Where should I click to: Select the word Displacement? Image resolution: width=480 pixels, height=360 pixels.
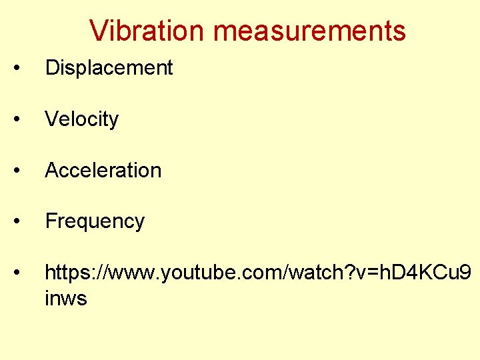109,68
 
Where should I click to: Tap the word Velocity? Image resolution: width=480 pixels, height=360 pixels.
81,119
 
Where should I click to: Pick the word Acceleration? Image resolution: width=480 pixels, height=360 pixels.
103,170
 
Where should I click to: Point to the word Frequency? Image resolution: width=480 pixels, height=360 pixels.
95,221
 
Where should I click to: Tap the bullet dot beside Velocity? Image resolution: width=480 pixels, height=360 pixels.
24,120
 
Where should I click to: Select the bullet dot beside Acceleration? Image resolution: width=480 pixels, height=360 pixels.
24,171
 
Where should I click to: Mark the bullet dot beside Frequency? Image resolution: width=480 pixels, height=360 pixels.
24,221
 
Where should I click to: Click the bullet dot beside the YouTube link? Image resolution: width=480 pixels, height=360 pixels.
24,273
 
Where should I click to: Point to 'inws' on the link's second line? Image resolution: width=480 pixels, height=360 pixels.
65,298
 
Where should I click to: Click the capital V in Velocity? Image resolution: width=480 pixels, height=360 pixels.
51,119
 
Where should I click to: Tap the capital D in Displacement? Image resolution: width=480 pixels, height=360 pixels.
51,68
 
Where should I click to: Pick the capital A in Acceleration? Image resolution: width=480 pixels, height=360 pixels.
51,170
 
